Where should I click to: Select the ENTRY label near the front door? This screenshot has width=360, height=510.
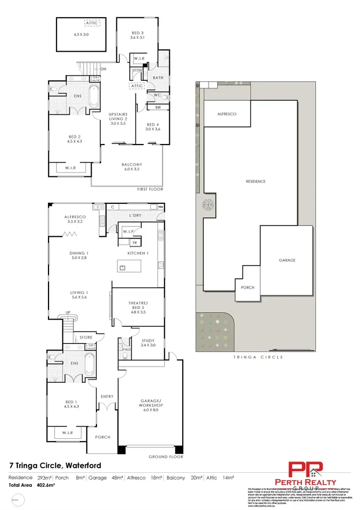point(107,397)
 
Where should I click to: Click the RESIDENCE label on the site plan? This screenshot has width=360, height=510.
point(255,181)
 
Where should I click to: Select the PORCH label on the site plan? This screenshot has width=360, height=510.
point(247,288)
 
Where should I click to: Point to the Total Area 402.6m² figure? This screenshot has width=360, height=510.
point(32,485)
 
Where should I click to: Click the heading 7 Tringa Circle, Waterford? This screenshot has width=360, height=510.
point(55,465)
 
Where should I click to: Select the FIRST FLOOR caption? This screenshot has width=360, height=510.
point(150,189)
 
